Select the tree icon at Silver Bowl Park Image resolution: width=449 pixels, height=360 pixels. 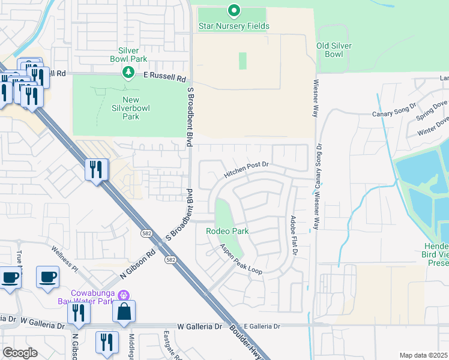tap(127, 73)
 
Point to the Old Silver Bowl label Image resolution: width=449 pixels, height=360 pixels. tap(334, 50)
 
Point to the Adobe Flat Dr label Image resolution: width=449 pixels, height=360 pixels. tap(294, 236)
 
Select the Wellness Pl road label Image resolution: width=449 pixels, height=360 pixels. tap(65, 257)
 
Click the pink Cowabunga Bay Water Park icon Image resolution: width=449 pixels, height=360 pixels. tap(124, 296)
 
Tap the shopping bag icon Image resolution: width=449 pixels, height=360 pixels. tap(124, 311)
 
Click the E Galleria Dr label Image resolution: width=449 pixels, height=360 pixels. tap(259, 326)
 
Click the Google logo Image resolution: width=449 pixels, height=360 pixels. tap(20, 353)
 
